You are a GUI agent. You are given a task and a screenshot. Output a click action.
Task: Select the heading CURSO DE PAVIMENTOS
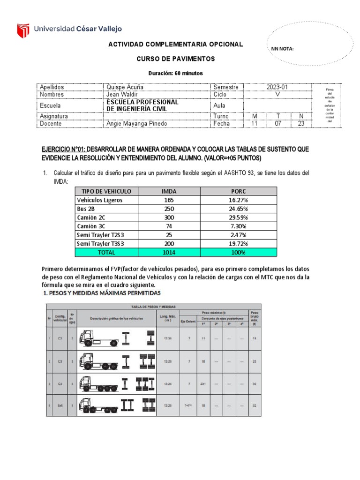click(x=175, y=59)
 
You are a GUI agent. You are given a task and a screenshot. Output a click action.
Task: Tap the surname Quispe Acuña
click(x=125, y=87)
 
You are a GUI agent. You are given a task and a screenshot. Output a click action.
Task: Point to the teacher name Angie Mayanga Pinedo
click(x=136, y=124)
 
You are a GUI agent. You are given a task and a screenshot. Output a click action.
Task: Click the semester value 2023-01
click(x=278, y=87)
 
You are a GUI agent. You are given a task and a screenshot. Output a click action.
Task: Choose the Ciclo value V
click(x=278, y=94)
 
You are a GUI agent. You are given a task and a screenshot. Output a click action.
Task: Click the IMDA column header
click(x=169, y=191)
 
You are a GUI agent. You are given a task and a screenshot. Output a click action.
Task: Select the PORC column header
click(x=238, y=191)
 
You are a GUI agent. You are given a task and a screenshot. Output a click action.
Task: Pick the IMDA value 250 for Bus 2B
click(x=169, y=209)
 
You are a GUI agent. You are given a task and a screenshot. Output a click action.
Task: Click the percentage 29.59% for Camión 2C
click(x=238, y=217)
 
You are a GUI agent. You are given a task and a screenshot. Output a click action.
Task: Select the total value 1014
click(x=169, y=253)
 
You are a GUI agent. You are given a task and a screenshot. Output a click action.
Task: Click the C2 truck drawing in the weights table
click(x=98, y=337)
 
